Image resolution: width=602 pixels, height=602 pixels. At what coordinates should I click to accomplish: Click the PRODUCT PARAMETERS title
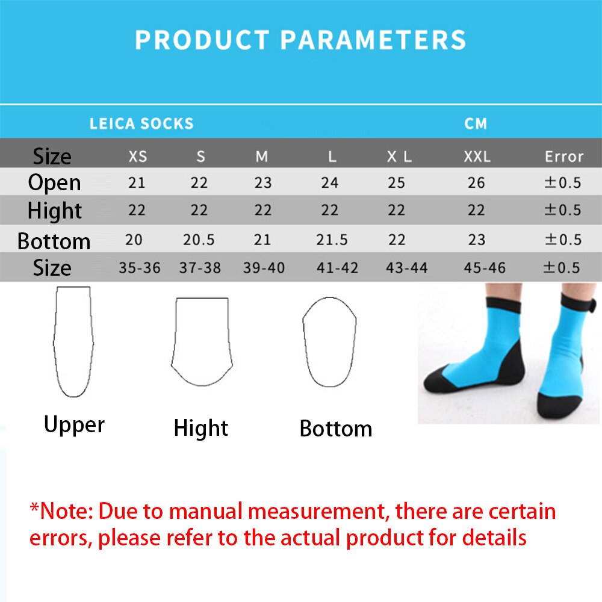(300, 40)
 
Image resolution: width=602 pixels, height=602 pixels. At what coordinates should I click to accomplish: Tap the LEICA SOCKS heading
(141, 124)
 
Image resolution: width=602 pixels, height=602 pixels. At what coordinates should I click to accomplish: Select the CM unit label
(476, 124)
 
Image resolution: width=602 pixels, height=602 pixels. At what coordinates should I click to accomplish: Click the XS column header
(138, 157)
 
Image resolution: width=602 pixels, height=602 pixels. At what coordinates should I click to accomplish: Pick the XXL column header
(477, 157)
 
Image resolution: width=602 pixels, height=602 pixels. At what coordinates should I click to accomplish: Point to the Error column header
(563, 157)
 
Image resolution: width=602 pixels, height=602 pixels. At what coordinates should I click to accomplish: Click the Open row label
(54, 182)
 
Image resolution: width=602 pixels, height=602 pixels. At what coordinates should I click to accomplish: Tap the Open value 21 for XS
(137, 182)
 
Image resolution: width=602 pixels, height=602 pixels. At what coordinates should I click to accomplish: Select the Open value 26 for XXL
(476, 182)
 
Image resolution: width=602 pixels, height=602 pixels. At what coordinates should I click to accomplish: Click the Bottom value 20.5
(199, 240)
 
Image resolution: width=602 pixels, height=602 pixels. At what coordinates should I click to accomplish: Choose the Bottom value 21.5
(332, 240)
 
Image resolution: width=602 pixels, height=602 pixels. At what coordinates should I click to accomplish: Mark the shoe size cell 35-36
(140, 268)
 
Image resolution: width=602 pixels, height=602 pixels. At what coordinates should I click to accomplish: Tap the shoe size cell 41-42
(337, 268)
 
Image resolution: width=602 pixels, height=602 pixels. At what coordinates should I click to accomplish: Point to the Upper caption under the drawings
(74, 425)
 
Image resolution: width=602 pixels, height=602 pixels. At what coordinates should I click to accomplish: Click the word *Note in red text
(60, 512)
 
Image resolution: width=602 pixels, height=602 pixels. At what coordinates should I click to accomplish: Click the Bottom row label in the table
(54, 241)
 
